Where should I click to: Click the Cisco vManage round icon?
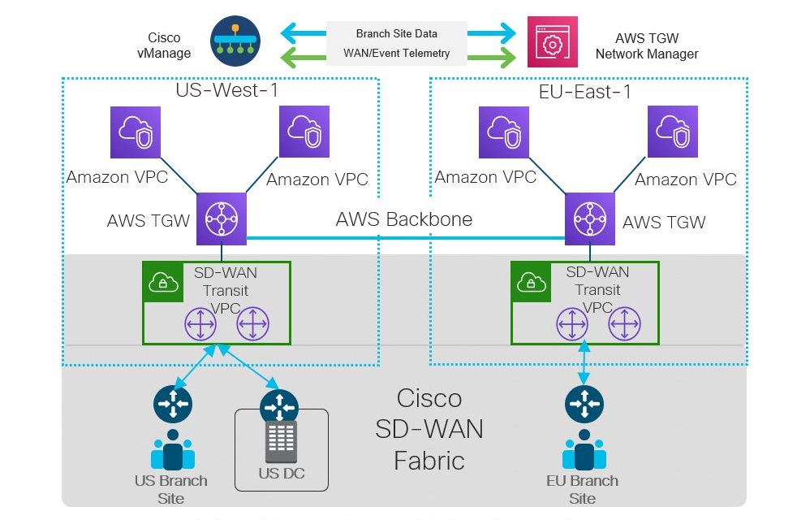(235, 42)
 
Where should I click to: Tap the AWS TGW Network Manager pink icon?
(553, 42)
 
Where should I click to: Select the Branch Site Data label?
(396, 33)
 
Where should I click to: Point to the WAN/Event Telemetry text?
(396, 54)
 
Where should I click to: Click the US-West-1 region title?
(227, 90)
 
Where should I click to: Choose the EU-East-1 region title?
(585, 91)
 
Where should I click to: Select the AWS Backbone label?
(403, 219)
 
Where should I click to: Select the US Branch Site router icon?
(172, 404)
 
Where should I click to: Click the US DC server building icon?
(279, 443)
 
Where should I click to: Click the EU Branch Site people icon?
(582, 452)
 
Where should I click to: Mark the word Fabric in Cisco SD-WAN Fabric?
(429, 461)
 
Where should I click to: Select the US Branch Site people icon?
(172, 451)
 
